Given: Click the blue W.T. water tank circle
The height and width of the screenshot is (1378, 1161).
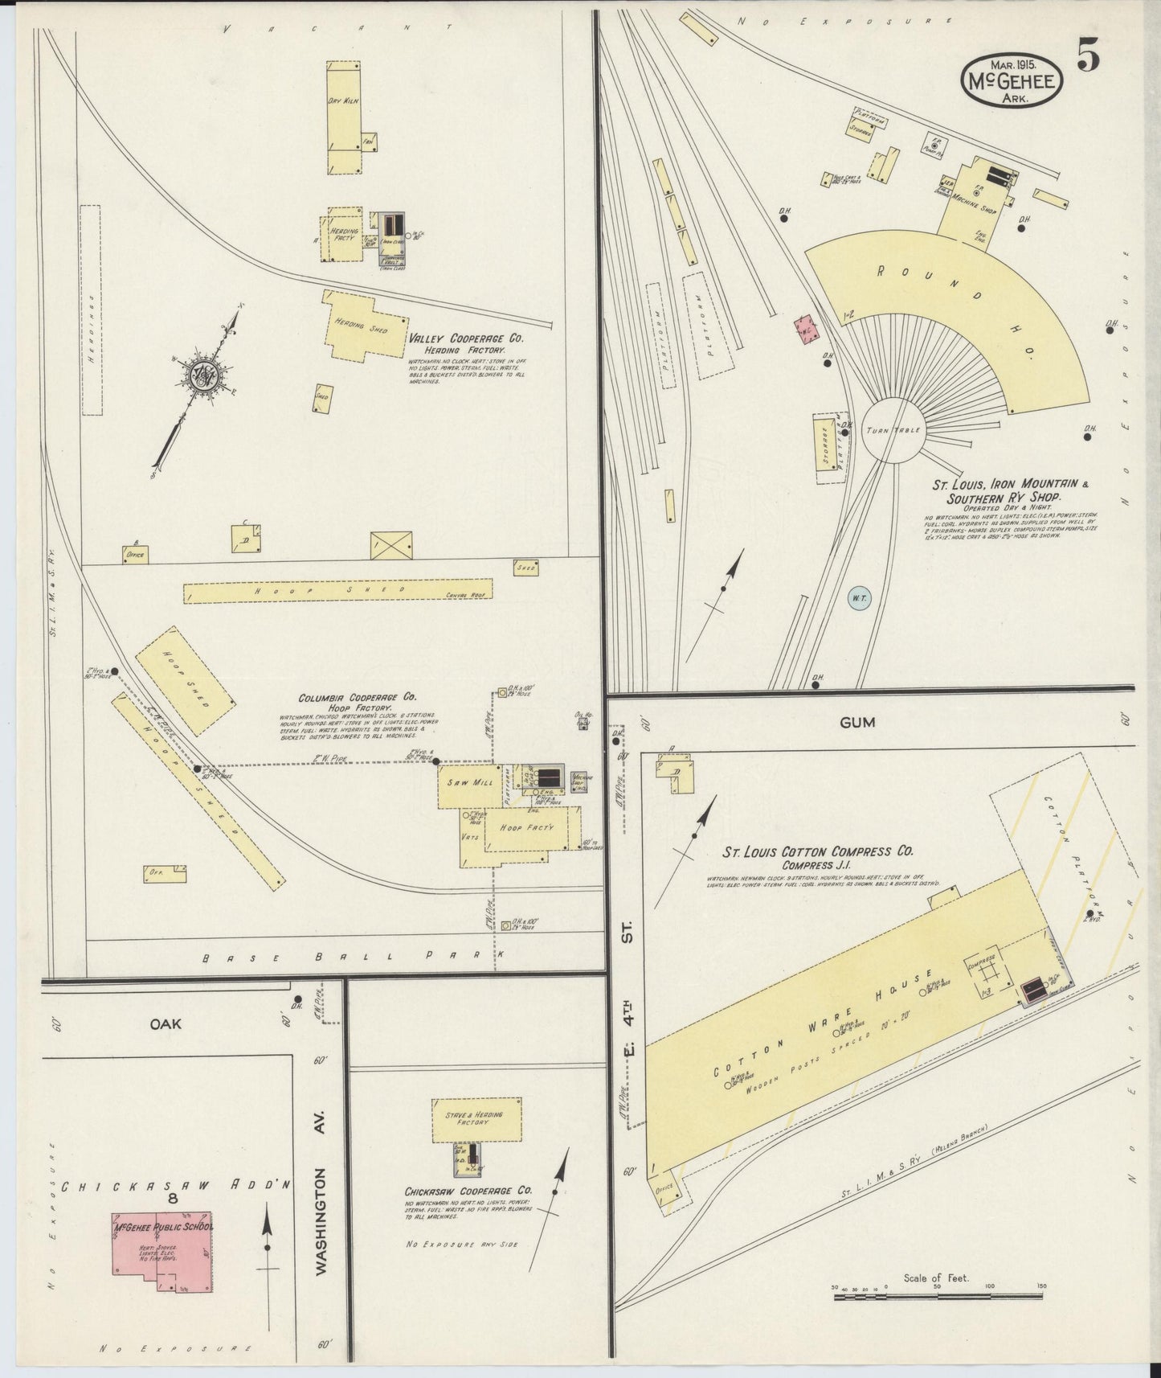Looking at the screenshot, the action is coord(859,597).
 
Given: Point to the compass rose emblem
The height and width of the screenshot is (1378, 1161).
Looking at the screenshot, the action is coord(198,375).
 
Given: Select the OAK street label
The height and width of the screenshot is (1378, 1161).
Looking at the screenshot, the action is coord(165,1024).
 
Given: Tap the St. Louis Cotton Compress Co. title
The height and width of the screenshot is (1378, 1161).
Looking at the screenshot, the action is coord(818,851).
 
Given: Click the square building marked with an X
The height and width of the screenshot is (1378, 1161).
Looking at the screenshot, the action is coord(391,544).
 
